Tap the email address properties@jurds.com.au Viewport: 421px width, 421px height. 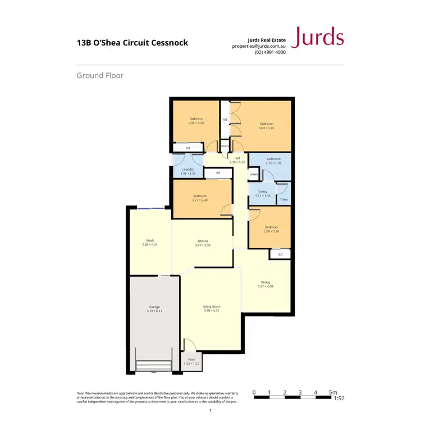tap(259, 46)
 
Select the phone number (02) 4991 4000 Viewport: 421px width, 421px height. tap(270, 52)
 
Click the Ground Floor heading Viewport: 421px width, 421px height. tap(100, 75)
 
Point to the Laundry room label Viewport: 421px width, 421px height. tap(187, 172)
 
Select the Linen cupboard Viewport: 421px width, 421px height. tap(254, 175)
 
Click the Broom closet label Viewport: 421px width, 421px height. tap(225, 146)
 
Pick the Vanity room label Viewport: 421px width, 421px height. tap(263, 192)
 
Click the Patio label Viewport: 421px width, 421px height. tap(191, 360)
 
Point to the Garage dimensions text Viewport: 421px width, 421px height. tap(154, 310)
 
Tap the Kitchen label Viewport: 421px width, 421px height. tap(203, 241)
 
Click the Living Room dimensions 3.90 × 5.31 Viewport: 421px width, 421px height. tap(210, 310)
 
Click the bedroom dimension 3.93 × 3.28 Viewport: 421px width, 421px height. tap(266, 127)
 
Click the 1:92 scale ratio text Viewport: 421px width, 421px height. tap(338, 399)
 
